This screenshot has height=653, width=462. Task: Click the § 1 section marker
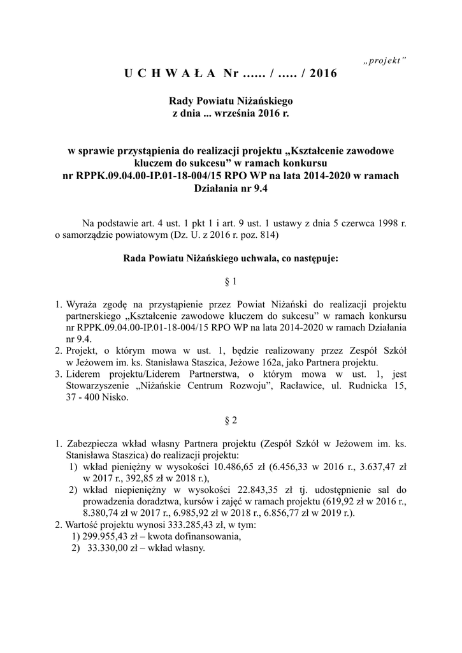[231, 281]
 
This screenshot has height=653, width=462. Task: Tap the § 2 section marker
[231, 420]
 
